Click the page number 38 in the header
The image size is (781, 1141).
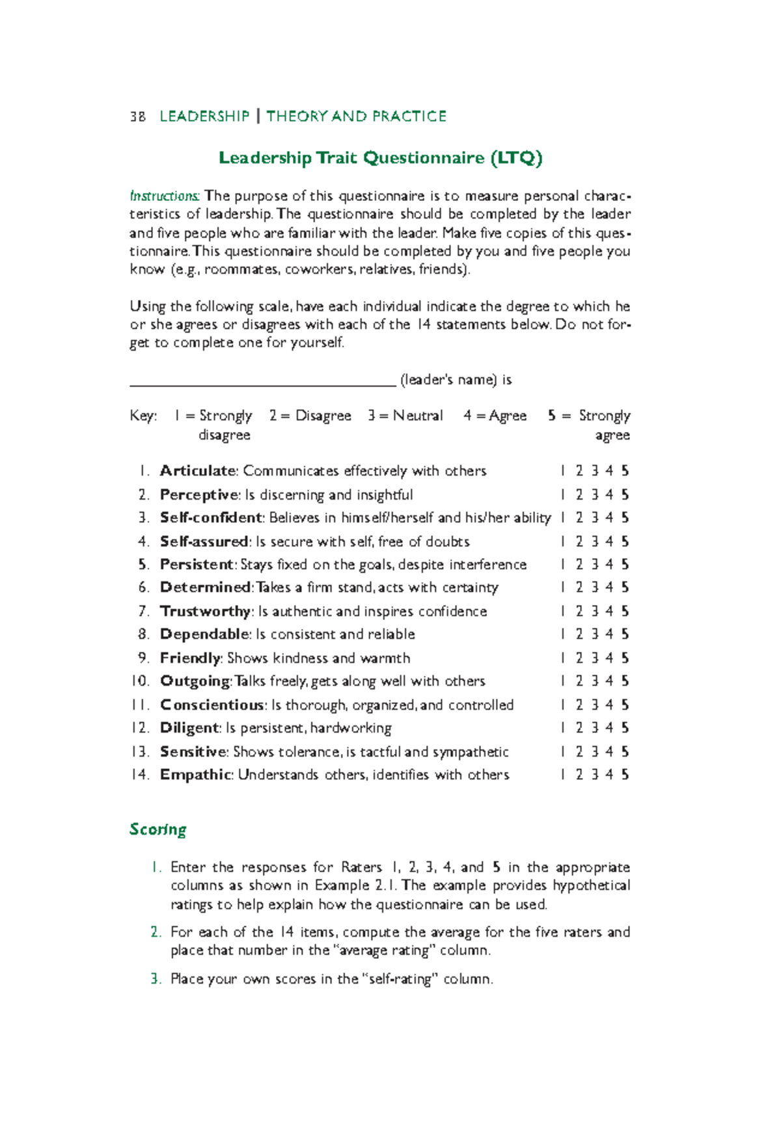click(x=137, y=116)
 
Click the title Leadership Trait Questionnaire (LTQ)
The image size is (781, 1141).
click(x=380, y=158)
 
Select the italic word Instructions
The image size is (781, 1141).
click(x=165, y=196)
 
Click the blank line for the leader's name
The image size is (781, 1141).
click(x=263, y=380)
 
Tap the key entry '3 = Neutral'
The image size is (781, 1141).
click(x=405, y=416)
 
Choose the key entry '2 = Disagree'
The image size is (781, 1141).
click(x=310, y=416)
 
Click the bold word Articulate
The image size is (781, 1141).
click(x=198, y=471)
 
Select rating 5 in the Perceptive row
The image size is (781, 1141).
click(x=625, y=495)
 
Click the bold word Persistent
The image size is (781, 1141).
click(x=197, y=565)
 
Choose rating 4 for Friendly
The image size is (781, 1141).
click(x=609, y=658)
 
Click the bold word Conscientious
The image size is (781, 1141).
click(x=212, y=705)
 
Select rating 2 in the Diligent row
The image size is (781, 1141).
click(x=579, y=728)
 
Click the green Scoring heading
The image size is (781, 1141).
click(x=158, y=829)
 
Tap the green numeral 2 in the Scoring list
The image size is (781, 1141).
click(x=155, y=932)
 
